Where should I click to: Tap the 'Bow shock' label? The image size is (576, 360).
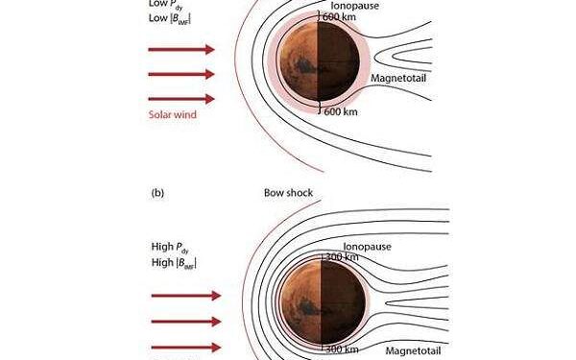(288, 193)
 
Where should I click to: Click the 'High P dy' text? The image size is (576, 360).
(170, 246)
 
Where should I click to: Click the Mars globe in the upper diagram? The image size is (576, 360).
(319, 64)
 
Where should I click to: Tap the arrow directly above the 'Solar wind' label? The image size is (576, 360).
(181, 99)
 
